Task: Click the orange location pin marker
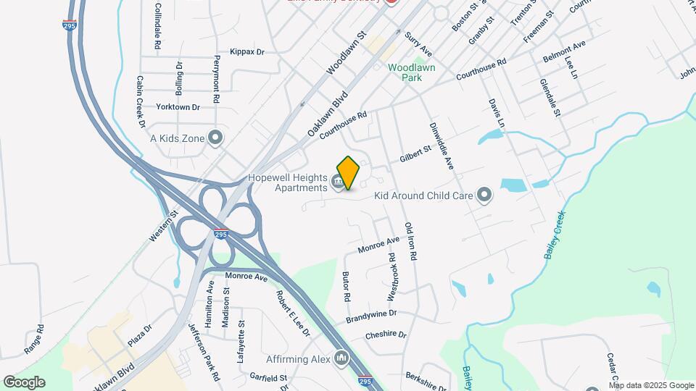coord(349,173)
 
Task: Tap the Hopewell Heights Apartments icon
coord(338,182)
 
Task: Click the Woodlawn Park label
coord(412,72)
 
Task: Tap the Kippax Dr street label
coord(247,52)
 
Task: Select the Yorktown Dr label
coord(178,107)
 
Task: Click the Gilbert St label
coord(415,154)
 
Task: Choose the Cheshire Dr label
coord(386,335)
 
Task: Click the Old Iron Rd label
coord(410,242)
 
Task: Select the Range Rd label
coord(34,338)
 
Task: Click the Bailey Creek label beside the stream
coord(554,237)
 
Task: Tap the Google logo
coord(24,382)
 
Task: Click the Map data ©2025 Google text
coord(650,385)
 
